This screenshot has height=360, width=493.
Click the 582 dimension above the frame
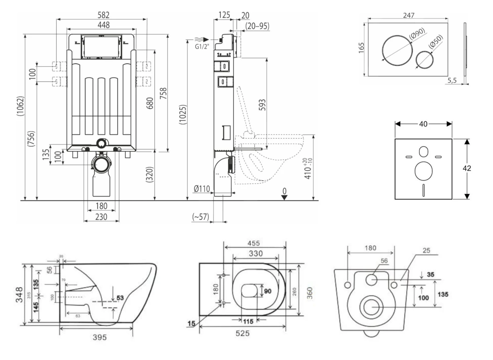click(x=103, y=15)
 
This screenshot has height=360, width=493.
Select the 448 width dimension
click(x=104, y=25)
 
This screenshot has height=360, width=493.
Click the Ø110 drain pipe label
click(x=201, y=189)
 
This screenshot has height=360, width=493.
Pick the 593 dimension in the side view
click(x=262, y=105)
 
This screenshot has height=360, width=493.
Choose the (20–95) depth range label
click(x=258, y=26)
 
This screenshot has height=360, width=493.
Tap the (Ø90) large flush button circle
click(x=397, y=50)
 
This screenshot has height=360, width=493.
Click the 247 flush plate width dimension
click(x=409, y=15)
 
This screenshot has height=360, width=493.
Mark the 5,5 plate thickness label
click(x=452, y=80)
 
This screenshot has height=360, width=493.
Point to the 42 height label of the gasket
click(x=467, y=168)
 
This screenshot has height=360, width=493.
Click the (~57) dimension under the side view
click(x=200, y=217)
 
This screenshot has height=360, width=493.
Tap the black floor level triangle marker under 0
click(x=284, y=197)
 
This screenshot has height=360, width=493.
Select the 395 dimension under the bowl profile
click(x=99, y=337)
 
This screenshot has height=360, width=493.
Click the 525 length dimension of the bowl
click(x=242, y=333)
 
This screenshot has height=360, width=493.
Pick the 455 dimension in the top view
click(x=253, y=243)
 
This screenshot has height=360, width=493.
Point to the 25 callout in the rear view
click(x=426, y=251)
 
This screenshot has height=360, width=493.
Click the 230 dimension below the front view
click(x=101, y=217)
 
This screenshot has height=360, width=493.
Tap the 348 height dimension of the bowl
click(x=19, y=294)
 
